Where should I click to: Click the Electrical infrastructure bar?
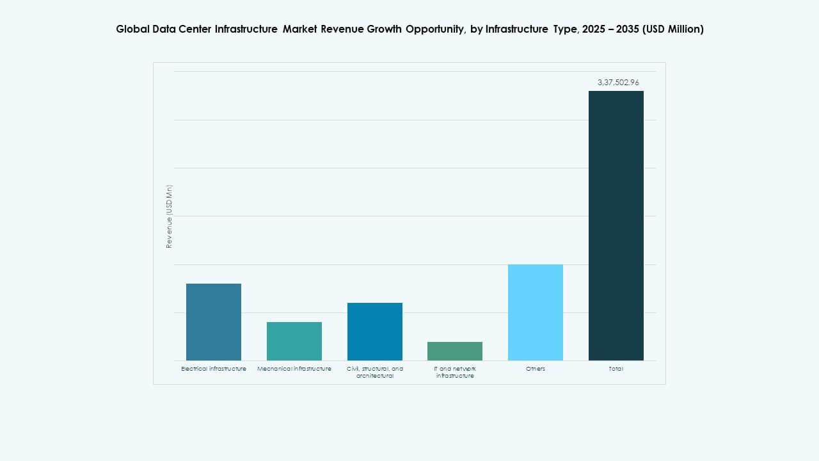tap(214, 322)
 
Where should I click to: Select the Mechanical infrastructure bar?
tap(294, 341)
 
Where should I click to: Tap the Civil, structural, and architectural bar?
tap(375, 332)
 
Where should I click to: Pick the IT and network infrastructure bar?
tap(455, 351)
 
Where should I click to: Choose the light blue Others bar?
tap(536, 312)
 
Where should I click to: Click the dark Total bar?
tap(616, 225)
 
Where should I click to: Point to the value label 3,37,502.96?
tap(618, 83)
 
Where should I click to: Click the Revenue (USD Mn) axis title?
tap(170, 216)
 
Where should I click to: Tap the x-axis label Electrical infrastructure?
tap(214, 369)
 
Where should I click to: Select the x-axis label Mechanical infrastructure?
tap(294, 369)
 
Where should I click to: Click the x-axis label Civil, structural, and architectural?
tap(375, 372)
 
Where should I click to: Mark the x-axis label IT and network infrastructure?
tap(455, 372)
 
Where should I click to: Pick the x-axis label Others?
tap(536, 369)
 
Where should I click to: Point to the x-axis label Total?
tap(616, 369)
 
